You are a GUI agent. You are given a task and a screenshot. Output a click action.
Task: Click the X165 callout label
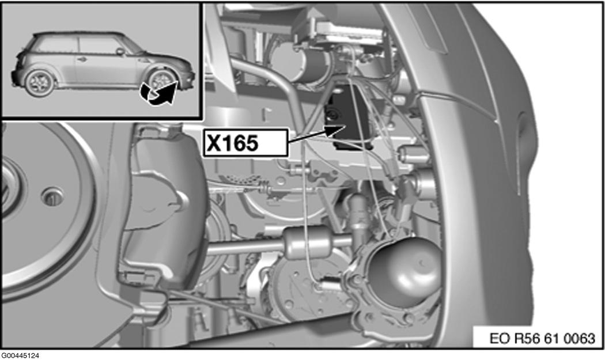click(245, 143)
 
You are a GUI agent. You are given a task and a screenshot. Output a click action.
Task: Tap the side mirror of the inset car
click(120, 51)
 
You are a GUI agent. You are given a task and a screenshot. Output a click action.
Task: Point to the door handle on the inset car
click(81, 59)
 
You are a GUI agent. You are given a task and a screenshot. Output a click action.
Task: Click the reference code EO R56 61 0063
click(542, 338)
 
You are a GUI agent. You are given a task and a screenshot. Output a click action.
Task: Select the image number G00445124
click(20, 355)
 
